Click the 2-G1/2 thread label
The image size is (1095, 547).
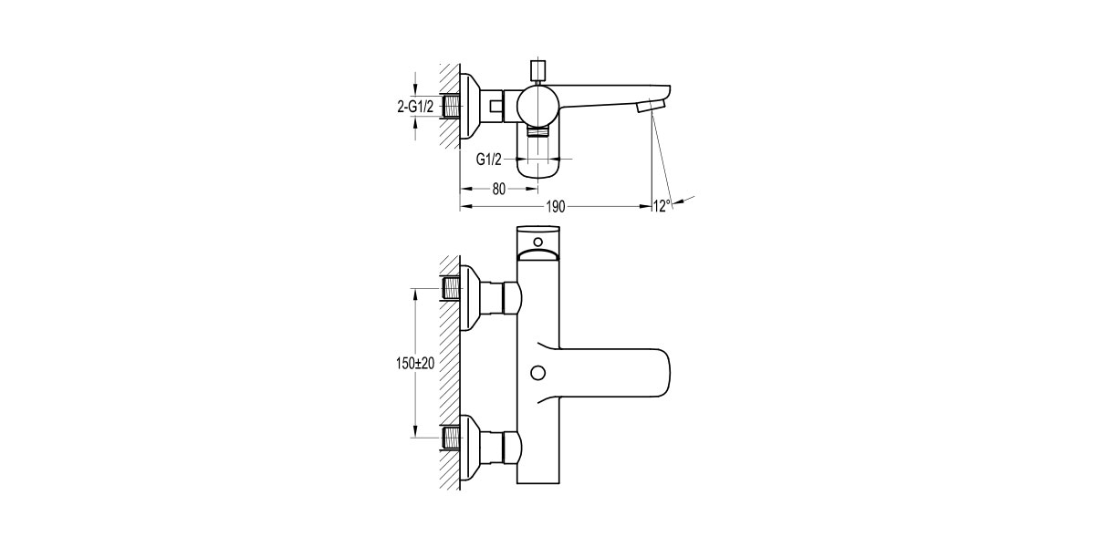tap(416, 107)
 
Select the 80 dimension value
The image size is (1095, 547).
tap(498, 189)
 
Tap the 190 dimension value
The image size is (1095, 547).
tap(554, 207)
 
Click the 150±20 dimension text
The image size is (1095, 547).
tap(415, 363)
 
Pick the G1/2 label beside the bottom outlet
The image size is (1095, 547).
tap(489, 158)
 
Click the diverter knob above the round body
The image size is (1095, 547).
tap(536, 71)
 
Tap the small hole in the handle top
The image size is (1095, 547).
tap(537, 242)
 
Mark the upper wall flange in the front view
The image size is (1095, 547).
tap(473, 295)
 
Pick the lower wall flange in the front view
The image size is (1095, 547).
tap(473, 447)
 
